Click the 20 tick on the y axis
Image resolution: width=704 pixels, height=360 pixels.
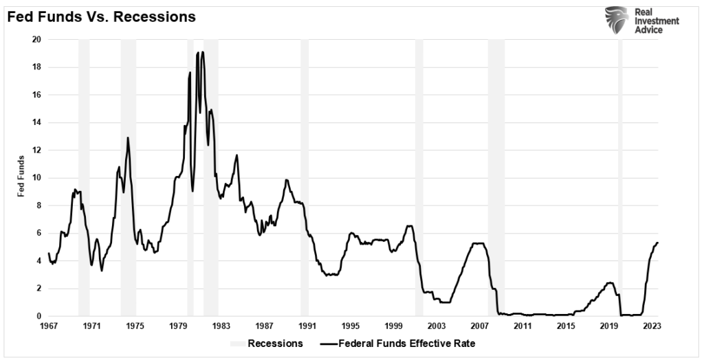click(x=37, y=40)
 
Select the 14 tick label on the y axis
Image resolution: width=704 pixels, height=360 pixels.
click(x=37, y=122)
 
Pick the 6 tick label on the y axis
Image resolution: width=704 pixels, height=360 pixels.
click(x=39, y=233)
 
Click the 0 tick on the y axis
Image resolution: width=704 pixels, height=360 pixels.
click(x=39, y=316)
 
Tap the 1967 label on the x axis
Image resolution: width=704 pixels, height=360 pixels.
click(x=49, y=327)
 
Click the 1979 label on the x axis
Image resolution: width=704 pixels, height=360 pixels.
click(x=178, y=327)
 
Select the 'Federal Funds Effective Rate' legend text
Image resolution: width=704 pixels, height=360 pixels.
click(x=415, y=343)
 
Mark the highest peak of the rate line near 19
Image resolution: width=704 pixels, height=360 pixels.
click(x=202, y=52)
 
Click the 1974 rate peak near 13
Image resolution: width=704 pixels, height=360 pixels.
click(x=128, y=137)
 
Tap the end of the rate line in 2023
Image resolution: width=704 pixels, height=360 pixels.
click(x=658, y=243)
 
